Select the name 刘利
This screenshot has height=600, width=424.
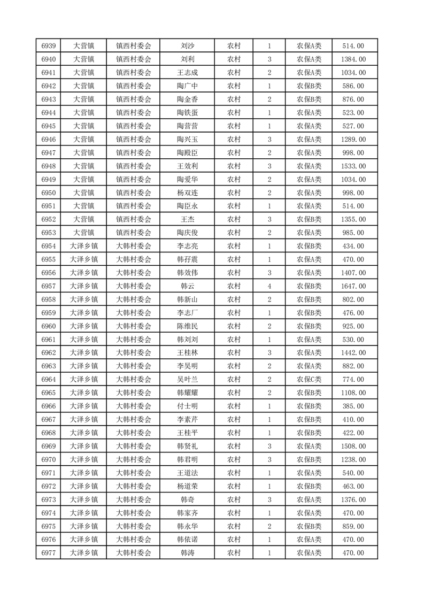pyautogui.click(x=187, y=59)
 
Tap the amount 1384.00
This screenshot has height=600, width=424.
pyautogui.click(x=353, y=59)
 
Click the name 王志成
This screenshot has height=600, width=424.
pyautogui.click(x=187, y=73)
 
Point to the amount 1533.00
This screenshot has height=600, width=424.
pyautogui.click(x=353, y=166)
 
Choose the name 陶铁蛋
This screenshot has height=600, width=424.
pyautogui.click(x=187, y=113)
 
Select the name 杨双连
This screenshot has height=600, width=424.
pyautogui.click(x=187, y=193)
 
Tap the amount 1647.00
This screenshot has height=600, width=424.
pyautogui.click(x=353, y=286)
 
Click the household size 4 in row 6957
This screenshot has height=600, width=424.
pyautogui.click(x=269, y=286)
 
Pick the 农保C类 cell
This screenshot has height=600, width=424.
pyautogui.click(x=309, y=380)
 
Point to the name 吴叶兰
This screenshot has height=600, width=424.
pyautogui.click(x=187, y=380)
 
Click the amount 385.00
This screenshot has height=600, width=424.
pyautogui.click(x=353, y=406)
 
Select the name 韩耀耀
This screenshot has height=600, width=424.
pyautogui.click(x=187, y=393)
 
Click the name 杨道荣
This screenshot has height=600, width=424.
pyautogui.click(x=187, y=486)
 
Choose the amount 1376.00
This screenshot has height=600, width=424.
pyautogui.click(x=353, y=499)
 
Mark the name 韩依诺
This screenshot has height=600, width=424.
pyautogui.click(x=187, y=540)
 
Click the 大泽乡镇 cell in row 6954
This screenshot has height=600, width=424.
pyautogui.click(x=84, y=246)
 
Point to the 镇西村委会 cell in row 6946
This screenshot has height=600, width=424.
pyautogui.click(x=134, y=140)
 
